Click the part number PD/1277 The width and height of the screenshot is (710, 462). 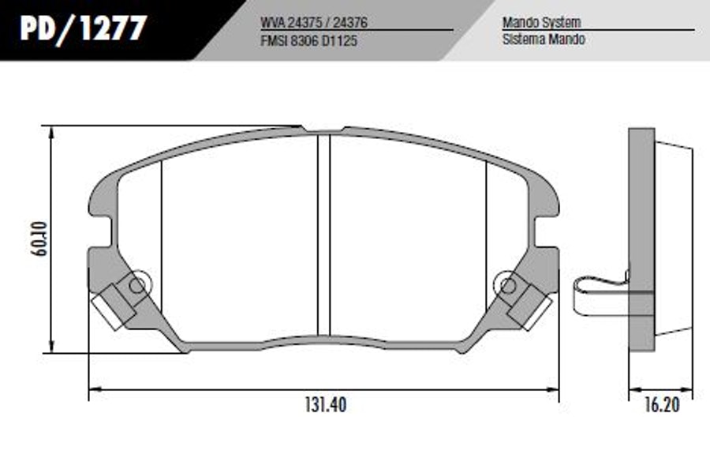coord(84,28)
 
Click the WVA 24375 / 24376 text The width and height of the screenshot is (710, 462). coord(314,22)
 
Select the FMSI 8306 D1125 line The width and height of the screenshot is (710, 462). coord(308,41)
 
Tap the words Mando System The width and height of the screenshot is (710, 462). coord(541,22)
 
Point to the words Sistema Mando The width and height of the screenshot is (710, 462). coord(544,39)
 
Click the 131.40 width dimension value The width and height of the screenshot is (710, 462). coord(326,404)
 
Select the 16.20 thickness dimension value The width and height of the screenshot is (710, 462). coord(662,405)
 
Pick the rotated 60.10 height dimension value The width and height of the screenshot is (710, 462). coord(39,239)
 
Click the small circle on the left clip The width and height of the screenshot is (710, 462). coord(136,285)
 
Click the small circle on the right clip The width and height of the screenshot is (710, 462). coord(508,286)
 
